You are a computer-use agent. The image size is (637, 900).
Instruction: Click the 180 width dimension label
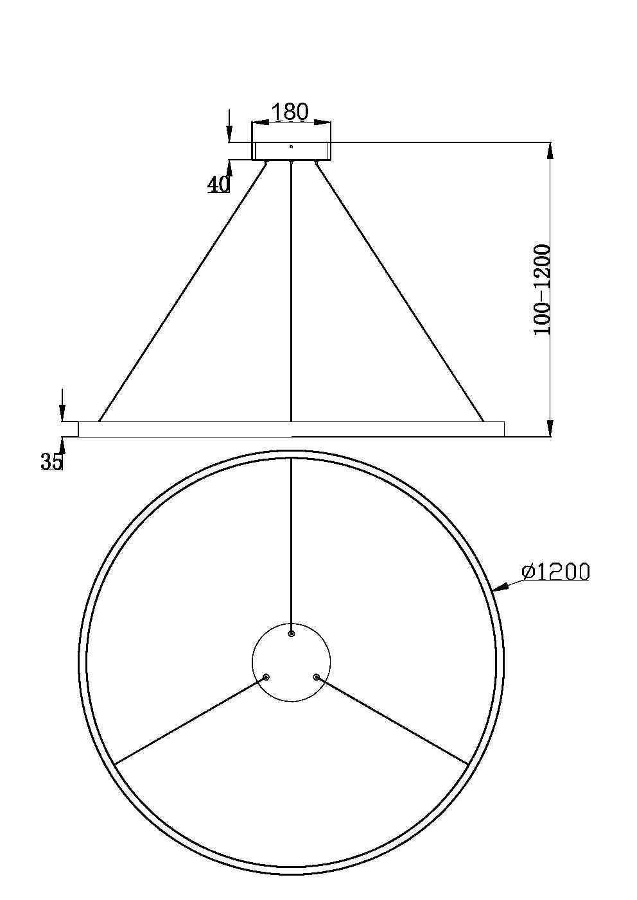(x=290, y=112)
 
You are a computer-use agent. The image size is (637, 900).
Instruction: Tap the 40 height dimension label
(x=218, y=184)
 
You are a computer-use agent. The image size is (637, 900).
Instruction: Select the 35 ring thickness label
(x=52, y=461)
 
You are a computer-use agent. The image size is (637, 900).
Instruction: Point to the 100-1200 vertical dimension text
(x=543, y=289)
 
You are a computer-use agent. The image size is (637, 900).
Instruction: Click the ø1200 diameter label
(x=555, y=572)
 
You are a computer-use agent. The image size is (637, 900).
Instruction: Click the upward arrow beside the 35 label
(x=62, y=445)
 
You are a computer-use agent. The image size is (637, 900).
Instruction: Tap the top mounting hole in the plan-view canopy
(x=292, y=634)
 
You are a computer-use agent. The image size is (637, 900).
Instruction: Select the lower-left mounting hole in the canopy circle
(x=266, y=677)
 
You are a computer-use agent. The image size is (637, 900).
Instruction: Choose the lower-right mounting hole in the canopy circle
(x=316, y=677)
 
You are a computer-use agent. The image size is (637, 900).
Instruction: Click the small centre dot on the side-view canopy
(x=291, y=147)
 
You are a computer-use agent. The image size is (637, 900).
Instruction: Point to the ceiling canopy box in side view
(x=292, y=151)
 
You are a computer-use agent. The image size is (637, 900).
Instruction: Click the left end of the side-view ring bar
(x=80, y=429)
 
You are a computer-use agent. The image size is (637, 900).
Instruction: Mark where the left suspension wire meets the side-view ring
(x=100, y=421)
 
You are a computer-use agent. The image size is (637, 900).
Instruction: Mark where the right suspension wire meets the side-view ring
(x=483, y=421)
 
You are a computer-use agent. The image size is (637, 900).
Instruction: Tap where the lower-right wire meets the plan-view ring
(x=468, y=765)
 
